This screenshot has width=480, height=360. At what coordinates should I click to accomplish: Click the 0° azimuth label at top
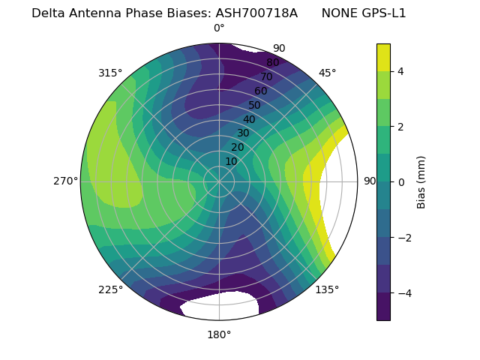point(219,28)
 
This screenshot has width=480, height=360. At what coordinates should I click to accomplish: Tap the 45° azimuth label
point(327,73)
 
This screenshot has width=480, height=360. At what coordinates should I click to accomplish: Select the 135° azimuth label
point(327,289)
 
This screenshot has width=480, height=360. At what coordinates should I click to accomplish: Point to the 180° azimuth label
point(219,334)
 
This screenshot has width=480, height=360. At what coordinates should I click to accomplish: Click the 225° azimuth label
point(110,289)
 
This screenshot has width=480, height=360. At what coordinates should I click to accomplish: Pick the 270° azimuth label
point(65,181)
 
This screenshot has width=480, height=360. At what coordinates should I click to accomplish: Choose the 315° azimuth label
point(110,73)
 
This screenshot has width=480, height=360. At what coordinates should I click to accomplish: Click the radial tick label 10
point(231,161)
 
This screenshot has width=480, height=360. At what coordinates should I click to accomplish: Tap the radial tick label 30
point(243,133)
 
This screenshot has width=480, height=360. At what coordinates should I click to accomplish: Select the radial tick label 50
point(254,106)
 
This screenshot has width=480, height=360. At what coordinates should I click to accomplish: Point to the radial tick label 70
point(266,77)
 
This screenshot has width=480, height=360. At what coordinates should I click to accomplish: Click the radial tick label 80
point(272,63)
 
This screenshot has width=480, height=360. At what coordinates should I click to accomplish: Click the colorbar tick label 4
point(401,71)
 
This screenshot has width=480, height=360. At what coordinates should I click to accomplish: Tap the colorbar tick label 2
point(401,127)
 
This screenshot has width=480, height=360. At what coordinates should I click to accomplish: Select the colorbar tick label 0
point(401,182)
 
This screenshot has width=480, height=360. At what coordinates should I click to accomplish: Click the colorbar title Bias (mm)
point(421,182)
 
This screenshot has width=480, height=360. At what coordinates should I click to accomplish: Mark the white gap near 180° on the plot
point(220,306)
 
